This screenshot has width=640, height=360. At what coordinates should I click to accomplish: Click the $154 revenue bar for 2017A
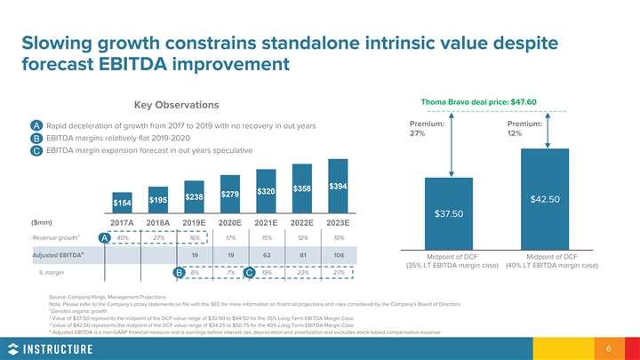122,205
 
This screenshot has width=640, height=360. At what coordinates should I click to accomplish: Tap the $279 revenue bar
229,196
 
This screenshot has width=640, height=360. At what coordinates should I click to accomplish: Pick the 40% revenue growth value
123,238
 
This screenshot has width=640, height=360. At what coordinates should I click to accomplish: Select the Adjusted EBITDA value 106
339,255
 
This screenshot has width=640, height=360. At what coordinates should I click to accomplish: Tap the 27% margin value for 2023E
339,272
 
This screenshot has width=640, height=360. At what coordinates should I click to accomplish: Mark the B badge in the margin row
180,272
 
